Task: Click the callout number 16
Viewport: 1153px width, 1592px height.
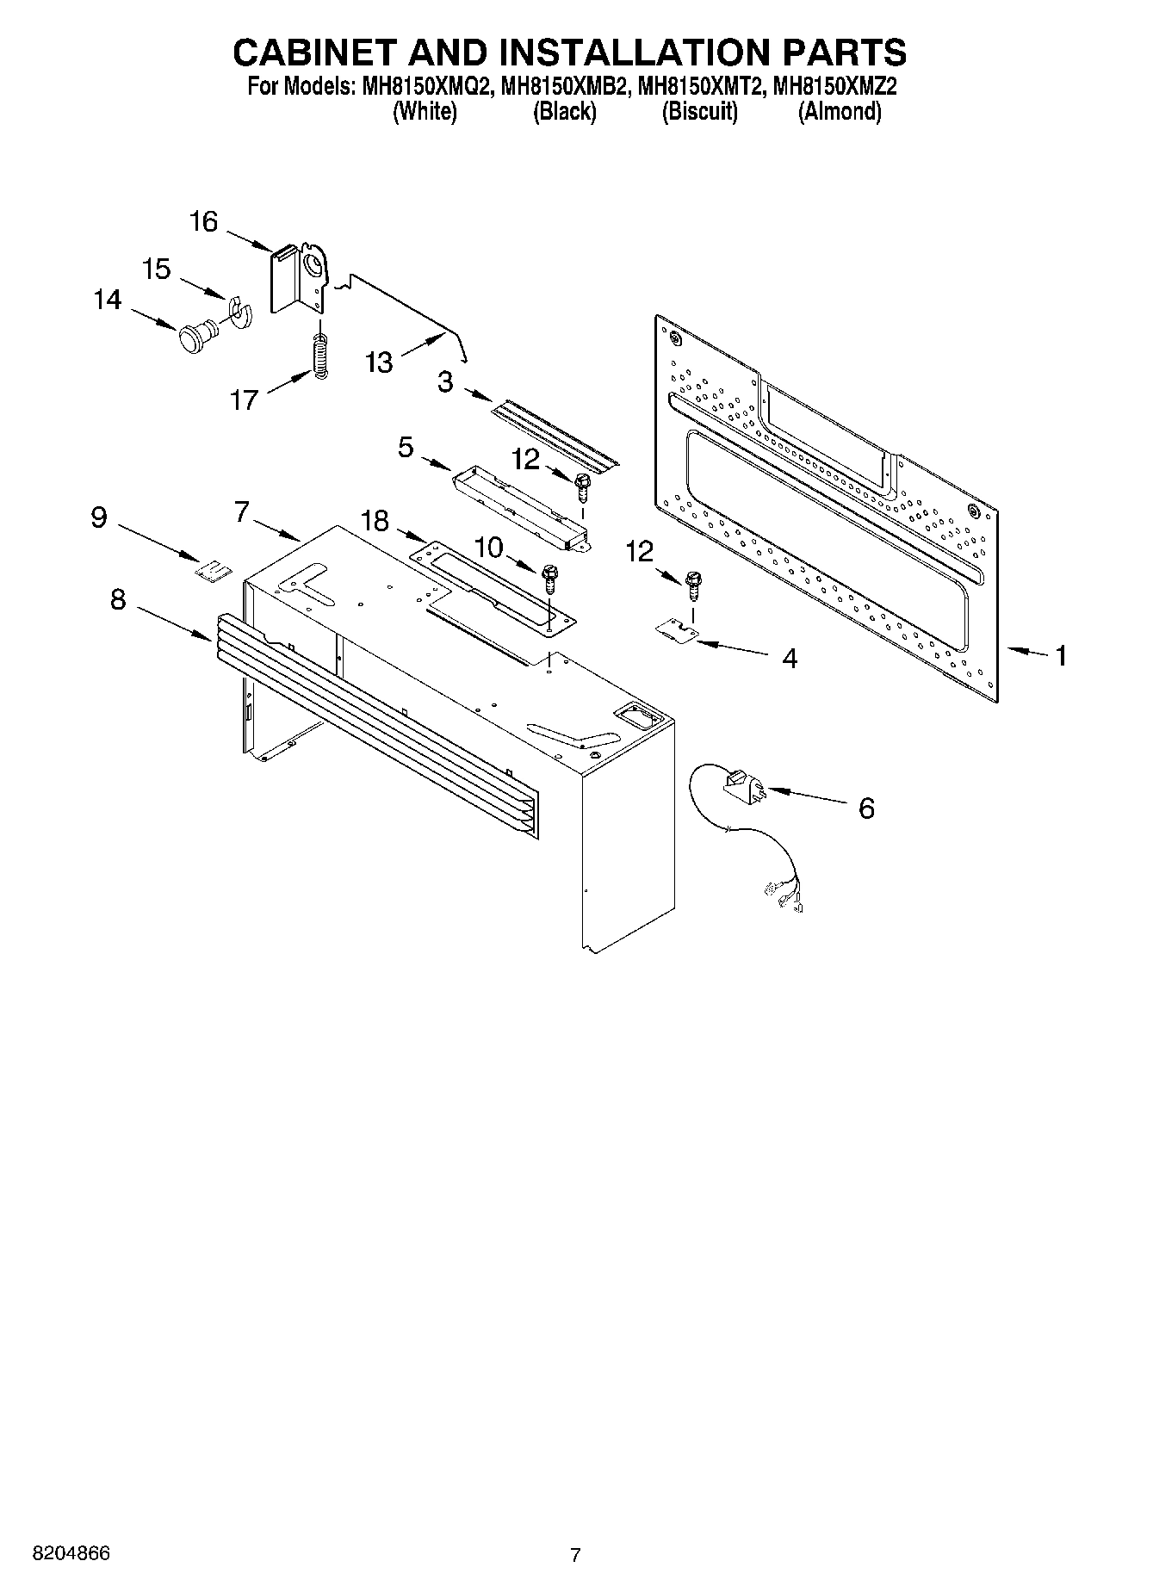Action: point(203,222)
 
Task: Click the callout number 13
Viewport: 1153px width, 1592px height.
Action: point(378,362)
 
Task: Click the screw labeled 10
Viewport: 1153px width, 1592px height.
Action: point(549,579)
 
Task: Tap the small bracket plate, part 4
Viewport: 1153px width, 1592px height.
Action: point(677,633)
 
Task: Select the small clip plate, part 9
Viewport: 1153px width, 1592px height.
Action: point(214,570)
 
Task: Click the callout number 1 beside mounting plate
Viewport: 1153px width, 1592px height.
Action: point(1061,656)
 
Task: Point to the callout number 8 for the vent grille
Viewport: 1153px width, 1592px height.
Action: point(118,599)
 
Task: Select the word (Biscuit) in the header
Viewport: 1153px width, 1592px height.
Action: point(699,112)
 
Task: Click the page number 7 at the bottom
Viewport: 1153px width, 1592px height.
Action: point(575,1555)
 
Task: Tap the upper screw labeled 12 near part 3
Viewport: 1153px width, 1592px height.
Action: point(583,486)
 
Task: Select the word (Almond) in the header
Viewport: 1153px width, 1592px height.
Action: point(840,112)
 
